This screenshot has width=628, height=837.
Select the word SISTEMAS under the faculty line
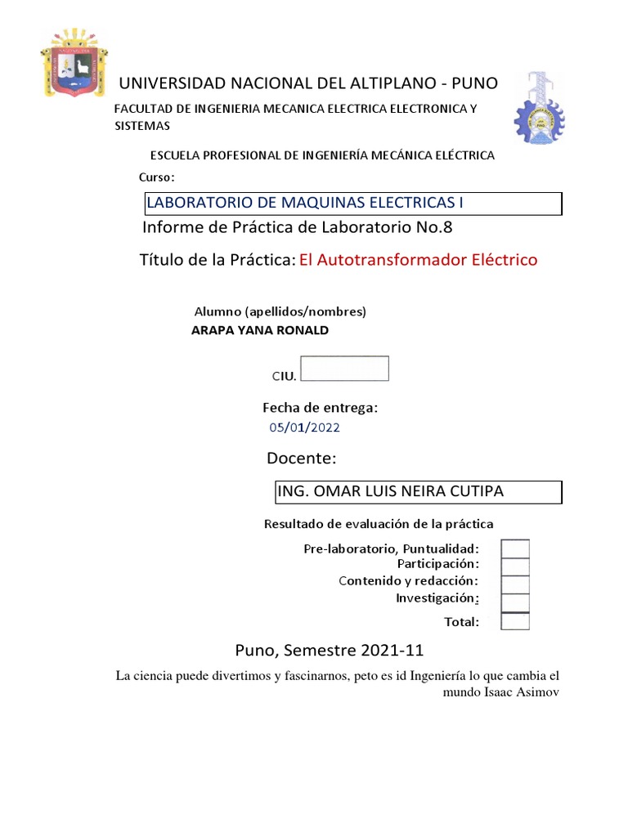[141, 126]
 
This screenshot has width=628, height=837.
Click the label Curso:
[156, 177]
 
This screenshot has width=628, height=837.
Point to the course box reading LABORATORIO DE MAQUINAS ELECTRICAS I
[352, 204]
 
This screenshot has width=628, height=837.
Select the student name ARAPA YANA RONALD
[259, 330]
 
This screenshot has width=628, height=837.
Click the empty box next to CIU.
[344, 369]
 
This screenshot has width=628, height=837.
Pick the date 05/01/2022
[305, 427]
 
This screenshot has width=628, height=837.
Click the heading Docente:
[301, 458]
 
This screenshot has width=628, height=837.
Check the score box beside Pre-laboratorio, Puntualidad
[515, 548]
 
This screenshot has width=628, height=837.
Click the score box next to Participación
[515, 566]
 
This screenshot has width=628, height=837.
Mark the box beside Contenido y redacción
[515, 584]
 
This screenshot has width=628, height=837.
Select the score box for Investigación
[515, 602]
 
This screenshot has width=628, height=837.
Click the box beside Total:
[515, 621]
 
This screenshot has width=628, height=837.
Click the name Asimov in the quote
[536, 693]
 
